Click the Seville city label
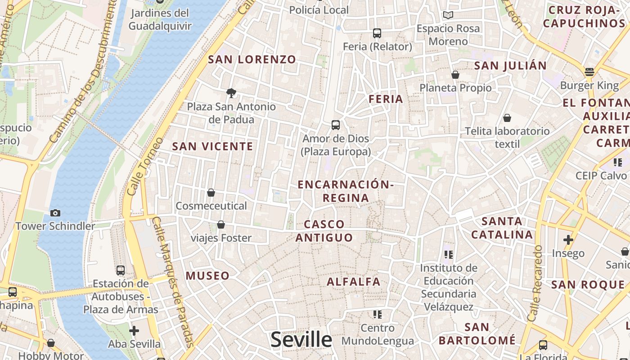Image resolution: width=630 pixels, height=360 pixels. [x=301, y=340]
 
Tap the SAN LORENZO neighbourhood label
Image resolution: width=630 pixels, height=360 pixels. [x=252, y=59]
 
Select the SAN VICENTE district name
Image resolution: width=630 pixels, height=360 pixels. [x=213, y=146]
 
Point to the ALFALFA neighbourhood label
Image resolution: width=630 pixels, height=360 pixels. [x=354, y=282]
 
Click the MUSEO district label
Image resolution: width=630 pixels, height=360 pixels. [x=207, y=276]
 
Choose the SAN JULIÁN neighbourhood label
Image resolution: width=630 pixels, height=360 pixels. [x=510, y=66]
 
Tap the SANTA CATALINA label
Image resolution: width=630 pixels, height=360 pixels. [x=502, y=228]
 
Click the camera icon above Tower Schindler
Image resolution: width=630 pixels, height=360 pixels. [x=55, y=213]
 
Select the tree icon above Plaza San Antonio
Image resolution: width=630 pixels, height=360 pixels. [x=231, y=93]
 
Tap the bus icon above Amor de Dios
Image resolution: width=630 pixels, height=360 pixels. [x=336, y=125]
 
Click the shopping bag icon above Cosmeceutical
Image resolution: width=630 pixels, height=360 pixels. [x=211, y=193]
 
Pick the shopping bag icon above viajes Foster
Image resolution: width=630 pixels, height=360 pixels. [x=221, y=224]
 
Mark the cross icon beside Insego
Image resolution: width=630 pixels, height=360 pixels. [x=568, y=240]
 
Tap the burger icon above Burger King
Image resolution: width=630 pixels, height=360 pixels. [x=589, y=72]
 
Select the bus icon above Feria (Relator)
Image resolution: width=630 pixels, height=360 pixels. [x=377, y=33]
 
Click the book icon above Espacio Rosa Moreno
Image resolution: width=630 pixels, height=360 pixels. [x=448, y=15]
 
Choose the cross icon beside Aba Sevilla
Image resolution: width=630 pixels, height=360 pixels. [x=134, y=331]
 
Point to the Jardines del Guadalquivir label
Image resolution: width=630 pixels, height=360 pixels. [x=160, y=19]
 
